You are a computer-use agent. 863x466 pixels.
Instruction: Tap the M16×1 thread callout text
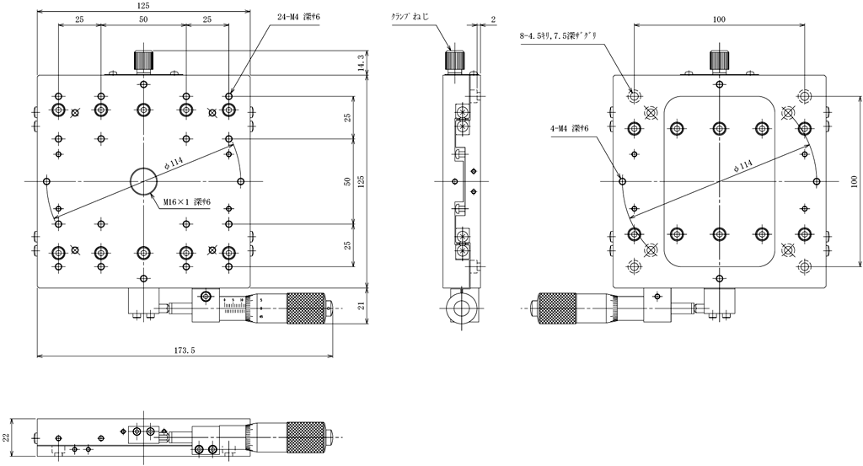pos(188,201)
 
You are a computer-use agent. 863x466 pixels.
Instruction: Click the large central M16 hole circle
pos(143,180)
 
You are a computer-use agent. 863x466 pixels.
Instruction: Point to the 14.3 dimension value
pos(361,63)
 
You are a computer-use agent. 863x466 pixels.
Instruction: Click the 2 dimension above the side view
pos(492,18)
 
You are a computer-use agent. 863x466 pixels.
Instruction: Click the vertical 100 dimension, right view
pos(852,181)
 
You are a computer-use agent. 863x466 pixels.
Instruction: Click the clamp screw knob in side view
pos(455,61)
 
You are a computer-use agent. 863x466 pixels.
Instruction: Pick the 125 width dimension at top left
pos(143,6)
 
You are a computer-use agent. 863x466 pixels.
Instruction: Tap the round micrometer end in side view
pos(459,306)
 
